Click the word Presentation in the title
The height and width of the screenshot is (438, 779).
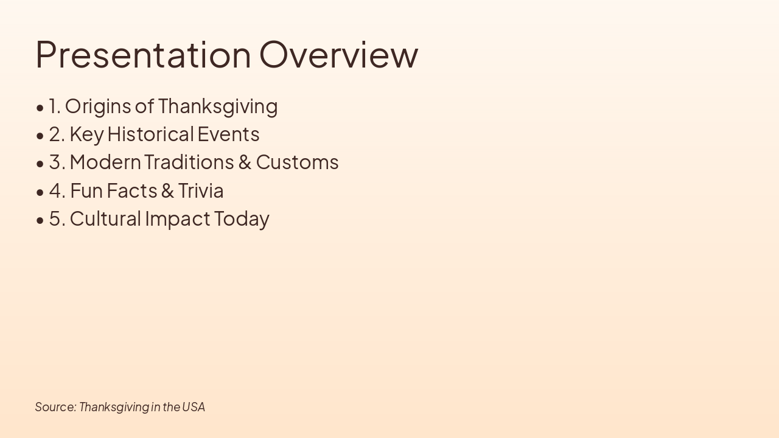pos(143,54)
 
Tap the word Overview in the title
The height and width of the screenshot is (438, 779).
pos(339,54)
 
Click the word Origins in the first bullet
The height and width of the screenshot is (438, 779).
pos(98,106)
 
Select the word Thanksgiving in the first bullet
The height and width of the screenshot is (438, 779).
pos(218,106)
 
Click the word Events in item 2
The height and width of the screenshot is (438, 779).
pos(228,134)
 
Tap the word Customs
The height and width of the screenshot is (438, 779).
pos(297,162)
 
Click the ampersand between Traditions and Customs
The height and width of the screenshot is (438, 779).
pos(245,162)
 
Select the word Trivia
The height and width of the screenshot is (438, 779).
pos(201,191)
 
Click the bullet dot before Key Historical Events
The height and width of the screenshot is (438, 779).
pos(40,136)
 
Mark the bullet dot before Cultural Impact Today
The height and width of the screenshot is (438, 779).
pos(40,220)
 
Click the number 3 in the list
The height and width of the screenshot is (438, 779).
pos(56,162)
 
